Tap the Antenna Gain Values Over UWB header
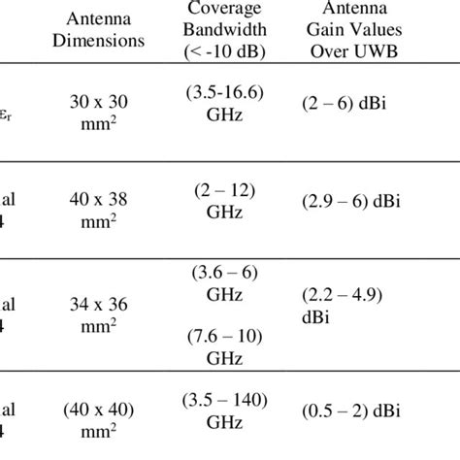point(356,31)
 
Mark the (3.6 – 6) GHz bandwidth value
point(229,281)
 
